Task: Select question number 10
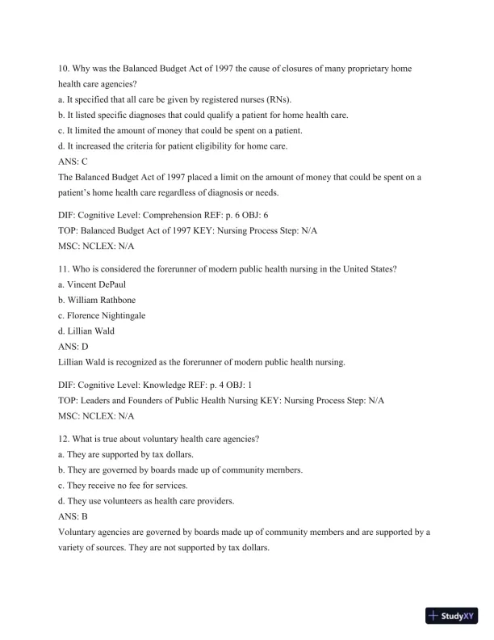(x=65, y=69)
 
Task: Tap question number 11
(x=65, y=269)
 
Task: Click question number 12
(x=65, y=439)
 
